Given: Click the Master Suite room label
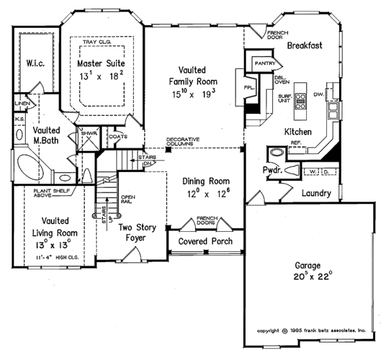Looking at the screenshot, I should pyautogui.click(x=100, y=64).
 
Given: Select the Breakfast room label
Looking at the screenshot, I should pyautogui.click(x=304, y=46).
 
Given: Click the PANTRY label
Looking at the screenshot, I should pyautogui.click(x=264, y=64).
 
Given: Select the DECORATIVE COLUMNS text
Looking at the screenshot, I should pyautogui.click(x=183, y=141).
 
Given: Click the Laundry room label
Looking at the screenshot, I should pyautogui.click(x=316, y=193).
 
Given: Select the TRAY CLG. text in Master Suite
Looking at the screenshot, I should pyautogui.click(x=102, y=43).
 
